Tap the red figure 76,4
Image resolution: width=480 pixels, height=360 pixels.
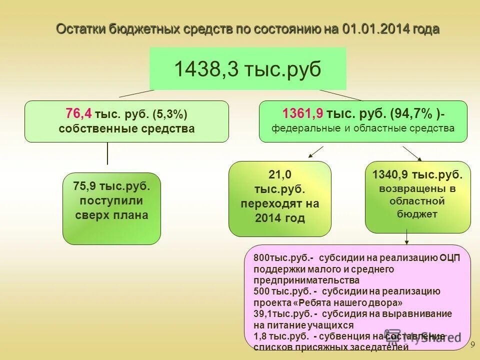(x=78, y=114)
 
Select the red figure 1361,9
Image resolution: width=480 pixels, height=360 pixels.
(x=302, y=114)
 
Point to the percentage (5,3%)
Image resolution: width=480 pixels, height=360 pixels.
(x=170, y=114)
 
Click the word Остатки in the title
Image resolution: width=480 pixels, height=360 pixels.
(x=79, y=29)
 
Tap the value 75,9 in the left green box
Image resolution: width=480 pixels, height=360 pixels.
(x=85, y=186)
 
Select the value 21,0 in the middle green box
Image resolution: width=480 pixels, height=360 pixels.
(x=280, y=175)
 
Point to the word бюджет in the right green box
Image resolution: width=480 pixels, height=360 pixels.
(x=417, y=214)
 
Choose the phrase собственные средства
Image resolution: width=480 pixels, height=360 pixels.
(x=126, y=128)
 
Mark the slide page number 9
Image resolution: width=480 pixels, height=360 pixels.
(x=472, y=345)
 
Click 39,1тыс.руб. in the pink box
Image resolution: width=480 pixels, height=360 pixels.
(x=283, y=313)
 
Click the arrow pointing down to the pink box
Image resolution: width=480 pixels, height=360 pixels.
(x=406, y=237)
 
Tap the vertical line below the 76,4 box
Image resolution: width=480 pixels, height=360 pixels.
(x=107, y=153)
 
